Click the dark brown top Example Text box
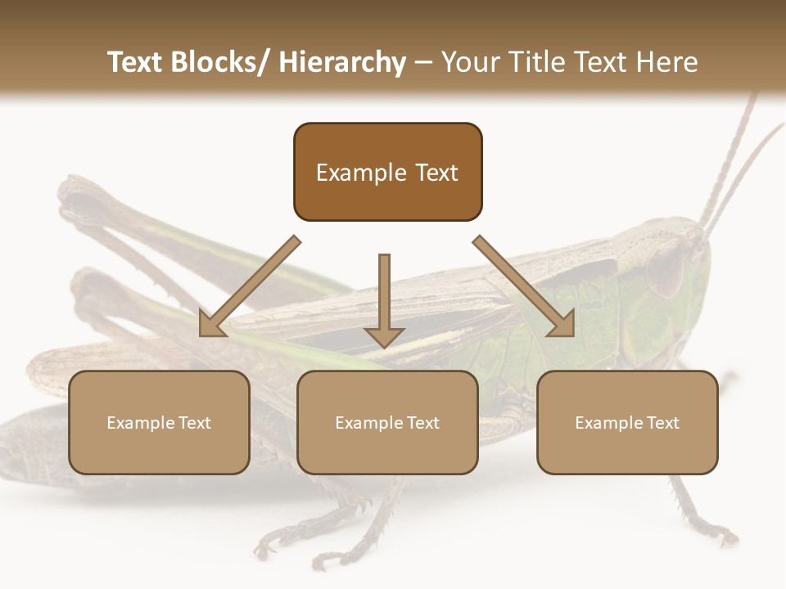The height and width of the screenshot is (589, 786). coord(387,172)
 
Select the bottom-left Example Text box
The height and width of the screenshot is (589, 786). coord(159,422)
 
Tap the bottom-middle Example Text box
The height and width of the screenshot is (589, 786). coord(387,422)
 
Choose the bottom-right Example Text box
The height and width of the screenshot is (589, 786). coord(627,422)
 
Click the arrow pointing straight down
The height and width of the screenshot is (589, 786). coord(384,299)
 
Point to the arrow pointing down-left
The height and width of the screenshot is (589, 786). coord(250,286)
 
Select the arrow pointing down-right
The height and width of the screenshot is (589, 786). coord(524,286)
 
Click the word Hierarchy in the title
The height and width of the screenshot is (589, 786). coord(342,63)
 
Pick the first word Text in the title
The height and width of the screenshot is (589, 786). coord(136,62)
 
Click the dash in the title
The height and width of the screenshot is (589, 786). coord(424,63)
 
